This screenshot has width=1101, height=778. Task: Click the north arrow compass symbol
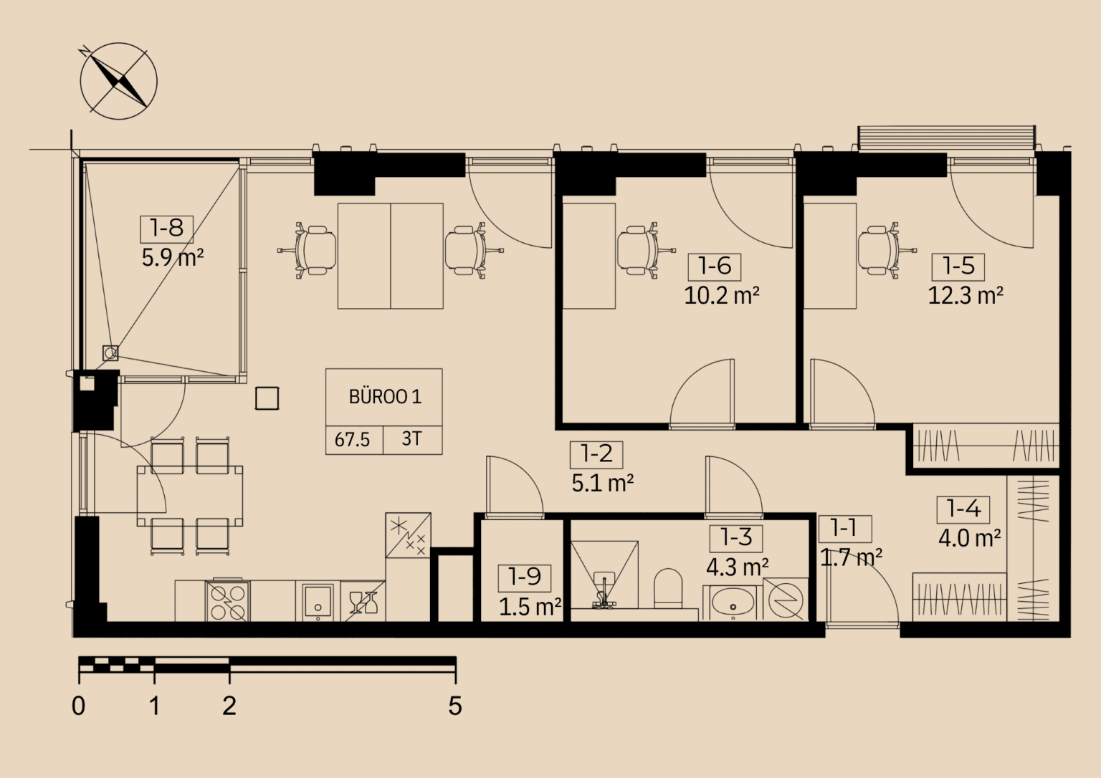(118, 81)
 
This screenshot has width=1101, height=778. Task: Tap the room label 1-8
(166, 229)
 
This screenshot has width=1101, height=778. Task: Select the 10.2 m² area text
(722, 296)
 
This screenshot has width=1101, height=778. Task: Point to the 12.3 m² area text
(966, 296)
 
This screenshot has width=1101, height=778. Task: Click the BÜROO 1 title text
(385, 397)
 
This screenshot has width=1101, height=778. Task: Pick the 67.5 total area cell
(352, 440)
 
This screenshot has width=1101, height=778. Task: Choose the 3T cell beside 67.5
(411, 438)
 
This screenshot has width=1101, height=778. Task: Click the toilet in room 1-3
(669, 588)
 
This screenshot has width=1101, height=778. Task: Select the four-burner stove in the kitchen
(227, 601)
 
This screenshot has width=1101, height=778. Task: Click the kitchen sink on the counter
(318, 600)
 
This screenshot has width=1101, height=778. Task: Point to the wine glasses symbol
(363, 602)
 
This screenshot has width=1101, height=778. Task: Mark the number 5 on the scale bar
(455, 706)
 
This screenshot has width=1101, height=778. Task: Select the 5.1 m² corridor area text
(603, 484)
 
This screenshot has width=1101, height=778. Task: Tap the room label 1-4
(963, 510)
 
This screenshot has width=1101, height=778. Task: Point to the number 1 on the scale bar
(154, 706)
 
